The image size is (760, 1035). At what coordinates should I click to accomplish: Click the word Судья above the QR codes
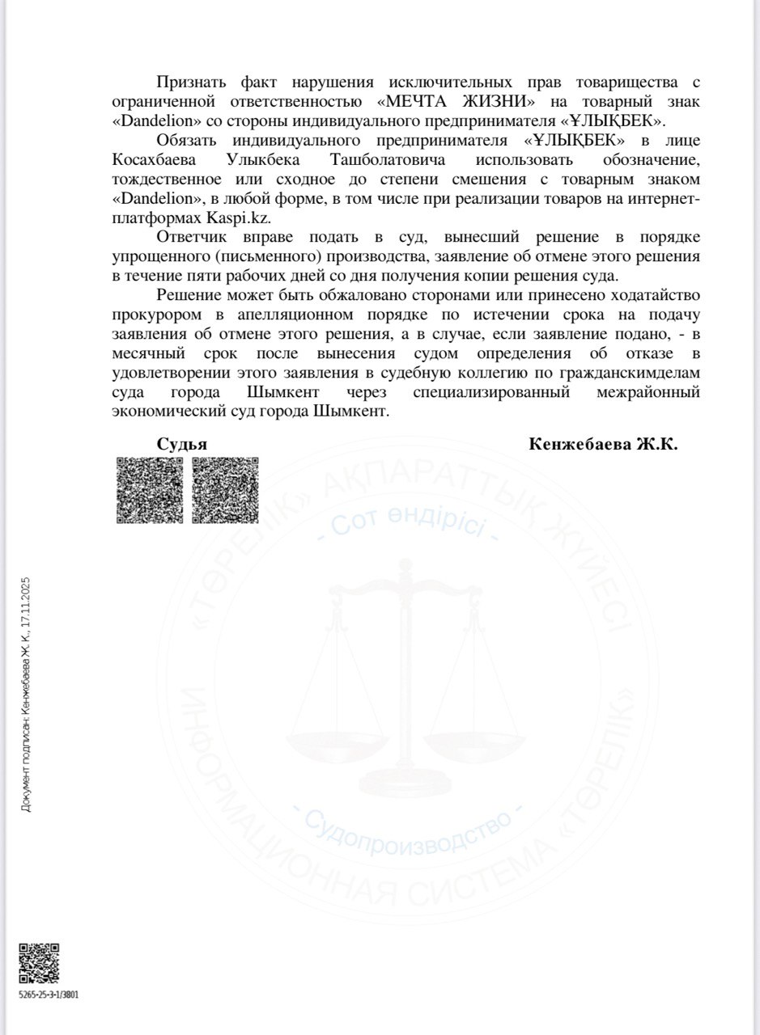182,444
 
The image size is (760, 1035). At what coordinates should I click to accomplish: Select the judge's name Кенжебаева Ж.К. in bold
603,444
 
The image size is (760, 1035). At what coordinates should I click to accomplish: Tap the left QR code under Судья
150,490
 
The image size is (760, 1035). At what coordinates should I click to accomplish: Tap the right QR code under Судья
225,490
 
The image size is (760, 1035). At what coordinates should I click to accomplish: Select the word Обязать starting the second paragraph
189,142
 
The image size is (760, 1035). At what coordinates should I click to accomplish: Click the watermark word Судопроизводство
409,833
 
